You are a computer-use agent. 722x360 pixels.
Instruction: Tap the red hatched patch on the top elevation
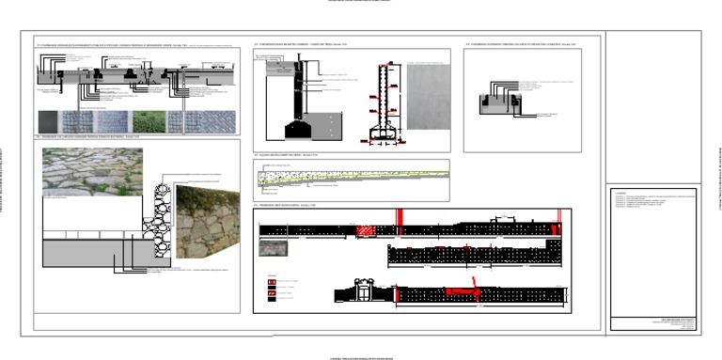coord(365,230)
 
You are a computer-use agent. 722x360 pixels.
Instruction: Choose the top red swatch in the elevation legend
coord(272,280)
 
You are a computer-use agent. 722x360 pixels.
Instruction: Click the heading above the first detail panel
coord(113,44)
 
